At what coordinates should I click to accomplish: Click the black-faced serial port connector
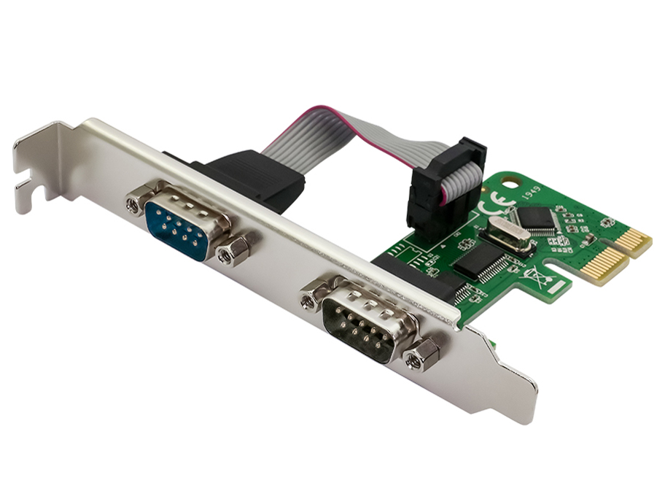[x=359, y=322]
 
